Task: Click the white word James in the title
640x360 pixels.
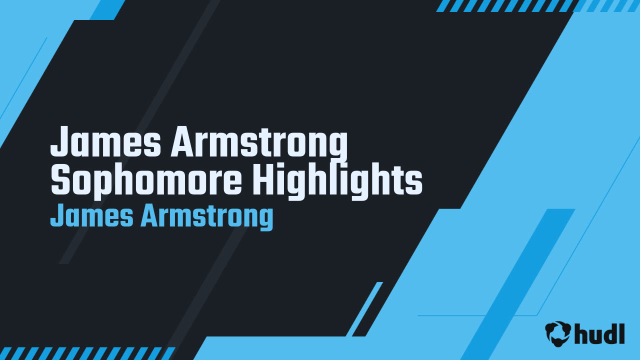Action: click(105, 142)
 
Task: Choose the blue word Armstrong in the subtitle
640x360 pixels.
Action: click(206, 217)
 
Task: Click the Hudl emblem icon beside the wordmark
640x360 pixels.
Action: click(558, 333)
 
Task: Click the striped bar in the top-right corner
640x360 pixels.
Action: click(537, 5)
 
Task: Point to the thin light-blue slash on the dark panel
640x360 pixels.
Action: click(364, 309)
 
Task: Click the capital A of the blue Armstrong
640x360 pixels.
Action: click(149, 216)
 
